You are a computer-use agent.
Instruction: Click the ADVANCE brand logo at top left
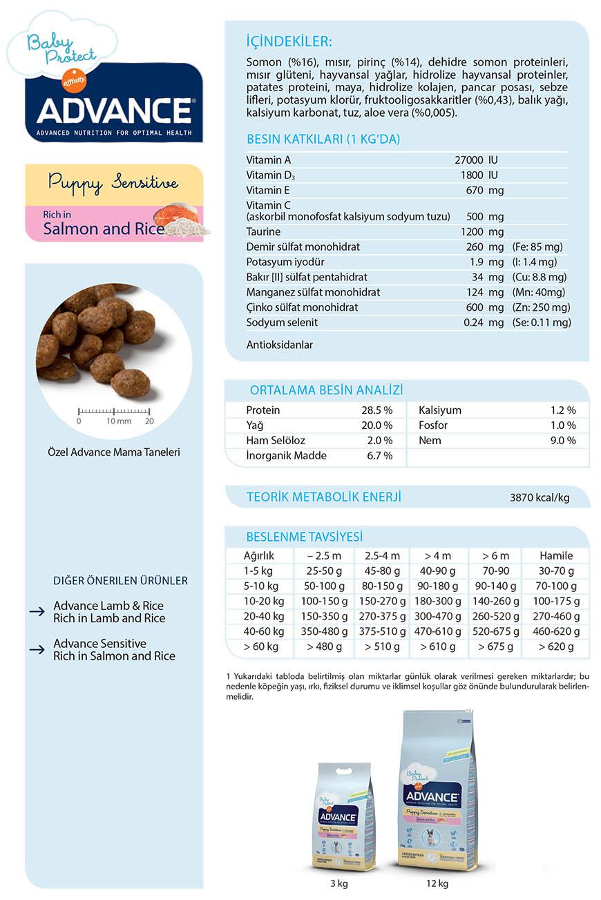tap(114, 111)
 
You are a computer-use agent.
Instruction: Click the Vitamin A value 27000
tap(469, 160)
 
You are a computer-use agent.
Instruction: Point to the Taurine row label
tap(263, 232)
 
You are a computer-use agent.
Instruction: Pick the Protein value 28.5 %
tap(376, 410)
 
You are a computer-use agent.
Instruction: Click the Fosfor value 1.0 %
tap(562, 425)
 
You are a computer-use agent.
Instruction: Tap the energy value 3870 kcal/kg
tap(540, 497)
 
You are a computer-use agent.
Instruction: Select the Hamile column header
tap(556, 556)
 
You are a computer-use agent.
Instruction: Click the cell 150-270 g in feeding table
tap(382, 602)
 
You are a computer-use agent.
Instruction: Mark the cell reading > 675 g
tap(495, 647)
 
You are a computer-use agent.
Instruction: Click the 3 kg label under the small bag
tap(339, 883)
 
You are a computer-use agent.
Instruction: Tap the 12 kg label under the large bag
tap(437, 883)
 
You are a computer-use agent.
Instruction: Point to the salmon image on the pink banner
tap(175, 214)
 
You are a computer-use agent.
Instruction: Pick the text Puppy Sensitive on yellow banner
tap(113, 184)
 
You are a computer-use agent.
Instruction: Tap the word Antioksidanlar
tap(279, 344)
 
